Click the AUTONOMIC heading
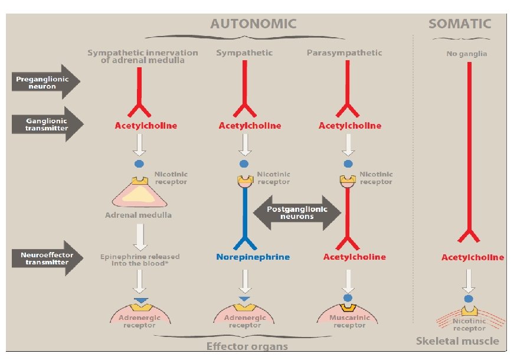point(253,24)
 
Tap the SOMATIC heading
point(460,24)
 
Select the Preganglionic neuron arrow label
point(42,82)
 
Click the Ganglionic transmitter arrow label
point(42,124)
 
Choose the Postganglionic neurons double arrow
point(297,212)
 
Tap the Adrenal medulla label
point(138,215)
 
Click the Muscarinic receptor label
point(349,322)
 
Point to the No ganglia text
point(467,54)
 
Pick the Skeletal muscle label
point(457,341)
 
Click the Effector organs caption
point(246,346)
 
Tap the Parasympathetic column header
point(344,53)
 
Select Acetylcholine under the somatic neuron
point(473,257)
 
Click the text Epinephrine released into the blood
point(140,260)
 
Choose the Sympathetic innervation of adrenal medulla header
point(142,56)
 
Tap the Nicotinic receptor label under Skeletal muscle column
point(470,325)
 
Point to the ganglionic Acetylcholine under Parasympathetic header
point(349,126)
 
